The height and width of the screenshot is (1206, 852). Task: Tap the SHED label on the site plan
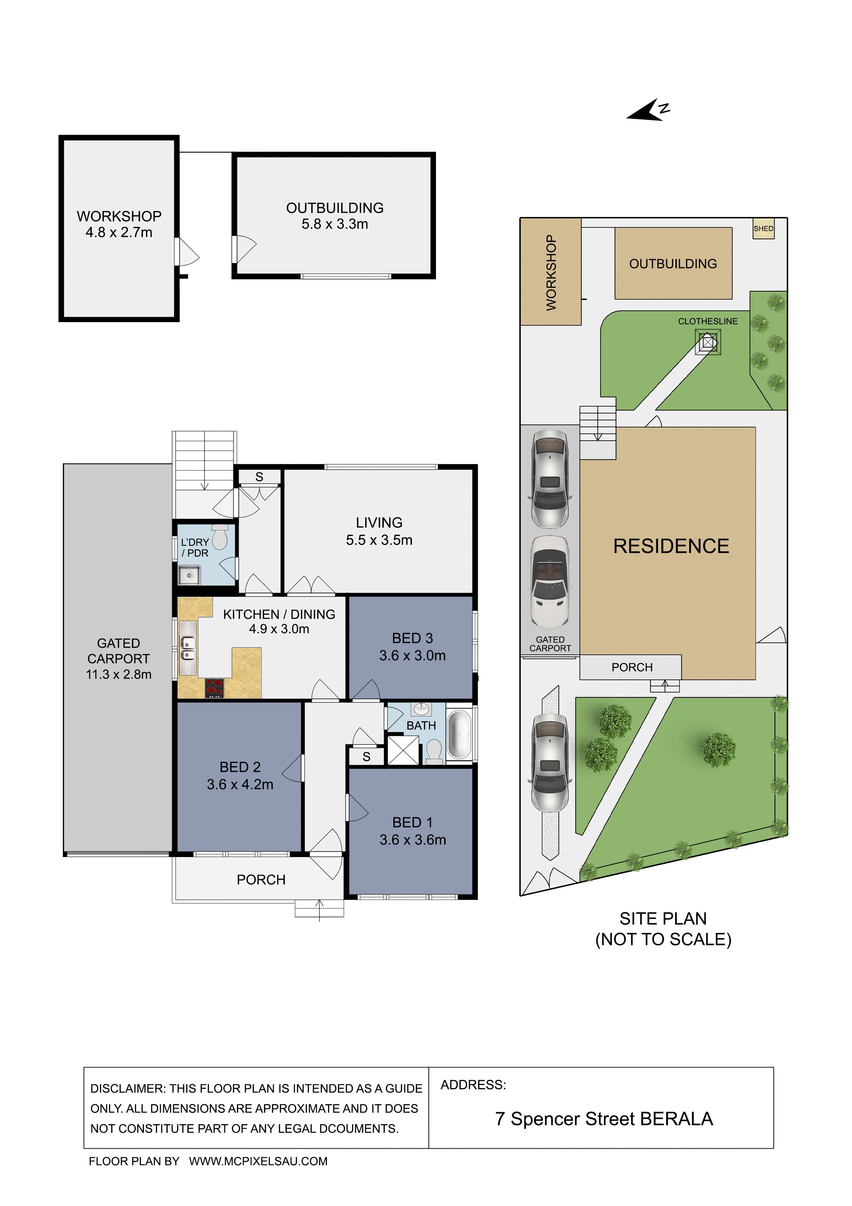763,229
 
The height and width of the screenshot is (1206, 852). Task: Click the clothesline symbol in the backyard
708,342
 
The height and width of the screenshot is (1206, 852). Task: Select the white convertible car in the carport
550,582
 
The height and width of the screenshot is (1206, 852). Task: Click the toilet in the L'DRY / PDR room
220,536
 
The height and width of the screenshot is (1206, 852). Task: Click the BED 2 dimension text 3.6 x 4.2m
240,784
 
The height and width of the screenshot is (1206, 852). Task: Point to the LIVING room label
379,523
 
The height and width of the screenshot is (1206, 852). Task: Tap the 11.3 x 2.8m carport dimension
119,675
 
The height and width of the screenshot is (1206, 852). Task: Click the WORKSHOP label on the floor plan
119,216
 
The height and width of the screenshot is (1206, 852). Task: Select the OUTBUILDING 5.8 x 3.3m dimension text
335,224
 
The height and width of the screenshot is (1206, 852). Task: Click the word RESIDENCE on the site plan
671,546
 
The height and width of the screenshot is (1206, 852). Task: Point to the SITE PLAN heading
663,919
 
